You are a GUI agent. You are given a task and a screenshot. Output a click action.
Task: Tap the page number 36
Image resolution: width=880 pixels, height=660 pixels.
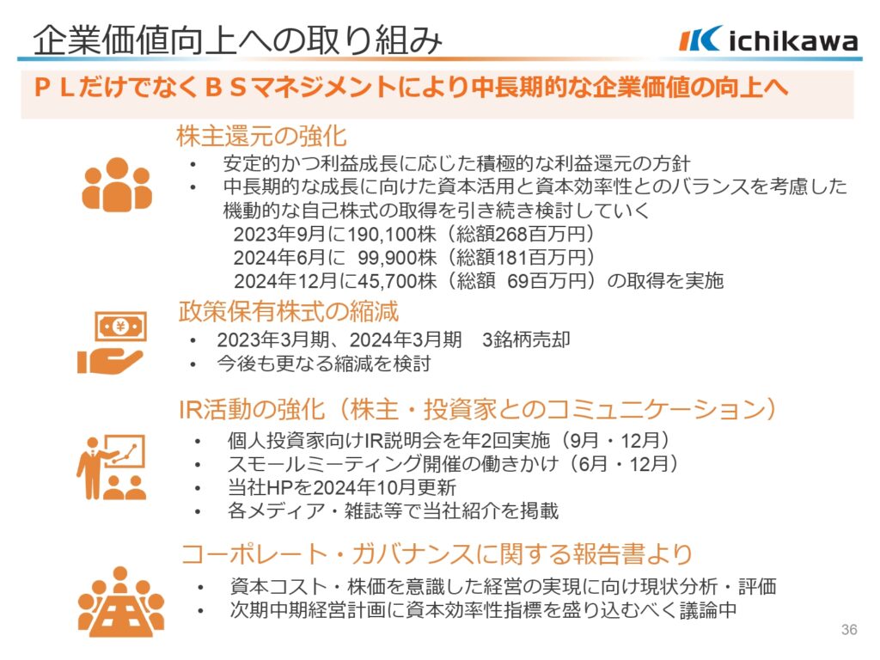849,629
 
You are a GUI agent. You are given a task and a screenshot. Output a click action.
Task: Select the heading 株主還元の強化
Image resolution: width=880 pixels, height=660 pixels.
261,136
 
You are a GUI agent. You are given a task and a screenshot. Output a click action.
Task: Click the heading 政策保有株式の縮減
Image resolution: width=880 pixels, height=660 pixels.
289,311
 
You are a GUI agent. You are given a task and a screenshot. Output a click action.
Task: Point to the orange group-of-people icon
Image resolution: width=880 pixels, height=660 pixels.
117,184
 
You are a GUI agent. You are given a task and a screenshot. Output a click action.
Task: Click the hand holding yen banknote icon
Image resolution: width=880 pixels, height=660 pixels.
113,343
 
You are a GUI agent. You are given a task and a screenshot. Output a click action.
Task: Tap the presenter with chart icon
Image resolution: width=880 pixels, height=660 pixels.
111,467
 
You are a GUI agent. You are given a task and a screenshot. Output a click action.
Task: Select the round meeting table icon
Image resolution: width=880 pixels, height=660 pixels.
120,602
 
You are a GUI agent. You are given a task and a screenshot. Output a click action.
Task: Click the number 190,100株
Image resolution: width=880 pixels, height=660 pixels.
391,234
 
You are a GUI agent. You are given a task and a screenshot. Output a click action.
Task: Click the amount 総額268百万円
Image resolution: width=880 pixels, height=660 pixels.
520,234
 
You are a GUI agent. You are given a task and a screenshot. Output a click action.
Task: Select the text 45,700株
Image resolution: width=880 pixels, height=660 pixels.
396,281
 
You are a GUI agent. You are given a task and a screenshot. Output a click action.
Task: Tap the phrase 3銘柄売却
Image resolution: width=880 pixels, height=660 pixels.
526,339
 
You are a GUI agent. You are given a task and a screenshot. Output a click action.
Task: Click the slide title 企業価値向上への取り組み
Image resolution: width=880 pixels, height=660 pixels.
238,40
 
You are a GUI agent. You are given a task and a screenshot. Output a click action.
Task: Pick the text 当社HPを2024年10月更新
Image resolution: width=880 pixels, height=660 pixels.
342,487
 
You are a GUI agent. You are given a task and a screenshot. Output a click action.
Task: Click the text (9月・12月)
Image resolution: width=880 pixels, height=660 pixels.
616,440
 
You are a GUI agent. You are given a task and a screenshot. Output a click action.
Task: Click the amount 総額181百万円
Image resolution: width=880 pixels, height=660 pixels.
520,257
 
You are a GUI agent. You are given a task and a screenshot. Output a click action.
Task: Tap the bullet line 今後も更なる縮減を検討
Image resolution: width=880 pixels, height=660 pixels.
324,364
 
